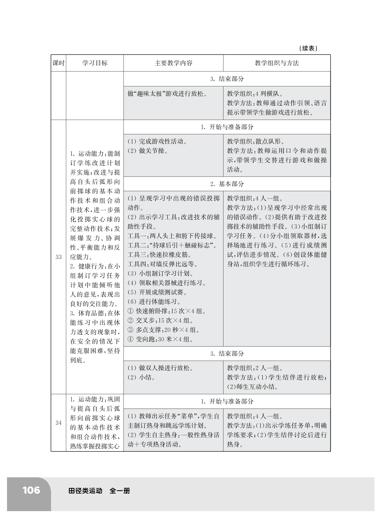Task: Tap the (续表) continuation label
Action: pos(309,48)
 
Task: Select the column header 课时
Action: pos(58,63)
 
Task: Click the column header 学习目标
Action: pos(95,63)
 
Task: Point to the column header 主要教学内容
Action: pos(173,63)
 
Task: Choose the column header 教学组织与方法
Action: pos(277,63)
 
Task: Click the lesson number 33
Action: pos(58,257)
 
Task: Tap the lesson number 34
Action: pos(58,423)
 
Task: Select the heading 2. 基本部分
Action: pos(227,184)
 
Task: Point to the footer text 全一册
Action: pos(120,491)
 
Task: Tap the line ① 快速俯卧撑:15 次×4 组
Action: pos(167,311)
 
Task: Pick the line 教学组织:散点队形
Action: pos(256,141)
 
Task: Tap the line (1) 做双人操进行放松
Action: pos(160,368)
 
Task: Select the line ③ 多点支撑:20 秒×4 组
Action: pos(164,330)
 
